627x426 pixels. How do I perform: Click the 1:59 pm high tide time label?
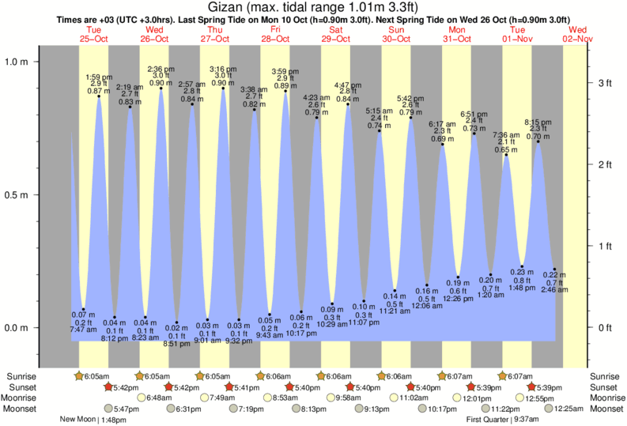[100, 77]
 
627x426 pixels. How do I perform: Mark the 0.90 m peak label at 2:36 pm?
[161, 83]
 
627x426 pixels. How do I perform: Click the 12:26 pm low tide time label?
[457, 298]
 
